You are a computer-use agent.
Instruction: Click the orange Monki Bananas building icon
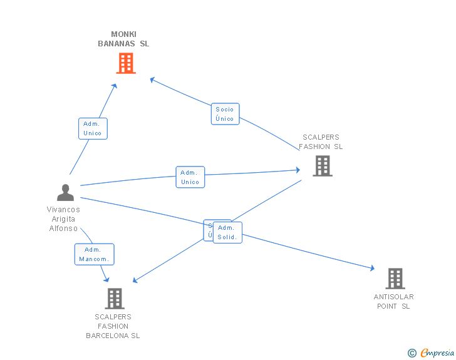point(126,63)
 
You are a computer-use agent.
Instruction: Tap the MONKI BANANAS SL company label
point(123,39)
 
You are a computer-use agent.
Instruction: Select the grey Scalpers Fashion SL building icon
point(322,166)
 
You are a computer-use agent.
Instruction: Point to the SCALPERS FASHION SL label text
point(321,142)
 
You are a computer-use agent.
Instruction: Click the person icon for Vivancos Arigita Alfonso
point(65,192)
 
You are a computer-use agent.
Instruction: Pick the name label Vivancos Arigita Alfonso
point(63,219)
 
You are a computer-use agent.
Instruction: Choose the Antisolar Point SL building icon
point(395,279)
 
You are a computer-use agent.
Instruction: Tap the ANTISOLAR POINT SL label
point(393,301)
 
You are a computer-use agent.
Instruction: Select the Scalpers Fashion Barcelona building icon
point(115,299)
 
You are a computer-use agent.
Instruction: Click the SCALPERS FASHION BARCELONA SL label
point(113,326)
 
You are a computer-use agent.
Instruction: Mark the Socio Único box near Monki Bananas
point(225,114)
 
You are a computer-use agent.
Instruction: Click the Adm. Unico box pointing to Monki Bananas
point(93,128)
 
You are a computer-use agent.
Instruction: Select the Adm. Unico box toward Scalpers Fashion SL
point(190,177)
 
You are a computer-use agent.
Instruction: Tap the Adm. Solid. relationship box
point(227,232)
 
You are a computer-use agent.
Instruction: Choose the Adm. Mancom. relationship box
point(94,254)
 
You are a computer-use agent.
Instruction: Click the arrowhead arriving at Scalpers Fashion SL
point(297,170)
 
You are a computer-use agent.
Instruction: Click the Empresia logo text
point(437,353)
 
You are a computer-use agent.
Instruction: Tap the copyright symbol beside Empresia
point(412,354)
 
